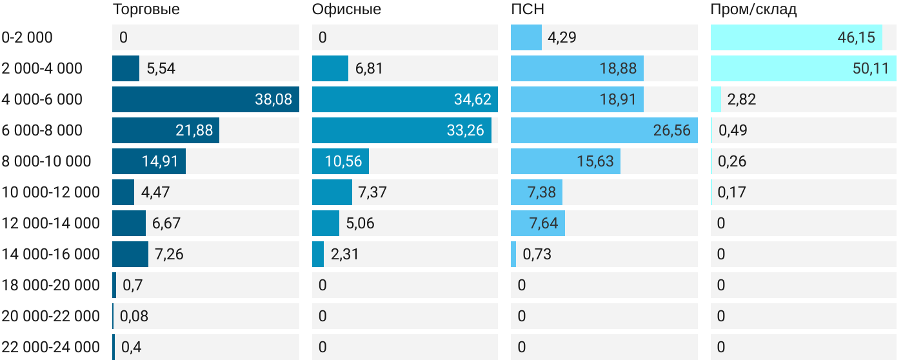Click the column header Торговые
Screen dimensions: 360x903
point(146,9)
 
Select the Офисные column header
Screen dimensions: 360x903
point(346,9)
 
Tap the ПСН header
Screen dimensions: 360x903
point(523,9)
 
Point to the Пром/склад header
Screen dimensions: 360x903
point(753,9)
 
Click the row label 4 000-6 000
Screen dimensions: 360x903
point(42,99)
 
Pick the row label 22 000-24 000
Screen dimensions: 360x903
point(50,347)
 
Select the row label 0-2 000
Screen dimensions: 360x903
point(27,37)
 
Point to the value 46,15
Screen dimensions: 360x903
point(856,37)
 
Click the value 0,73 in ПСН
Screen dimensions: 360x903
point(537,254)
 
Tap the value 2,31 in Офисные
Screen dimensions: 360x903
point(344,254)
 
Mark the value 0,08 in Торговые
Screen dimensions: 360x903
point(134,316)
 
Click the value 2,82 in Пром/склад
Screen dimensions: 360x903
point(741,99)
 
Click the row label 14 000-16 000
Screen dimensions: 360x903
point(50,254)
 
